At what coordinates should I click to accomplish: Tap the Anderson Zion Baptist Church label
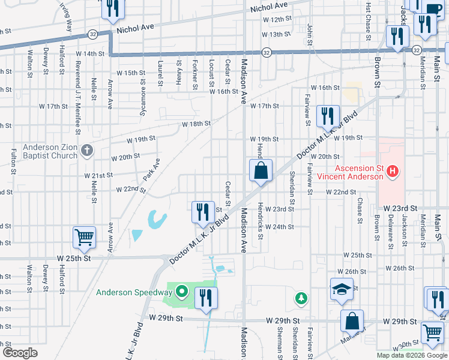point(50,151)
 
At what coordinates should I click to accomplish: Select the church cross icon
point(86,149)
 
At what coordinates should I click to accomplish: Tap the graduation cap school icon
point(342,289)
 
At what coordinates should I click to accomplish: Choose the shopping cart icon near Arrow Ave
point(84,237)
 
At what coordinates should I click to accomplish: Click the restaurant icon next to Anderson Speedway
point(205,298)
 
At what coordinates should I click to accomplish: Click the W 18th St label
point(197,124)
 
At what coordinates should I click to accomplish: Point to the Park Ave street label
point(152,170)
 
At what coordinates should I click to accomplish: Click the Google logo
point(20,352)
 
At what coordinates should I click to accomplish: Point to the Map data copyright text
point(411,355)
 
